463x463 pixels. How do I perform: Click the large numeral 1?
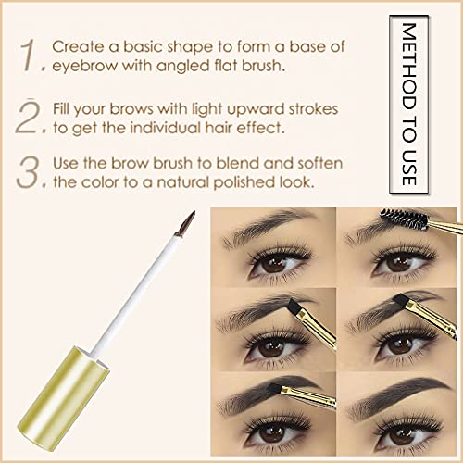click(x=29, y=56)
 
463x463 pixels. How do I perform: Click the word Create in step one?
click(x=78, y=47)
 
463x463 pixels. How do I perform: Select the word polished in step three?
click(x=244, y=182)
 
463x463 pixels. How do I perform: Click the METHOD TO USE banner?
click(x=409, y=105)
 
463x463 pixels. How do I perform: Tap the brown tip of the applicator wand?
click(x=186, y=224)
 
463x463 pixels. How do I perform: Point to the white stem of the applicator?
click(x=135, y=295)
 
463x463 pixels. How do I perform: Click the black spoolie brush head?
click(x=404, y=219)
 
